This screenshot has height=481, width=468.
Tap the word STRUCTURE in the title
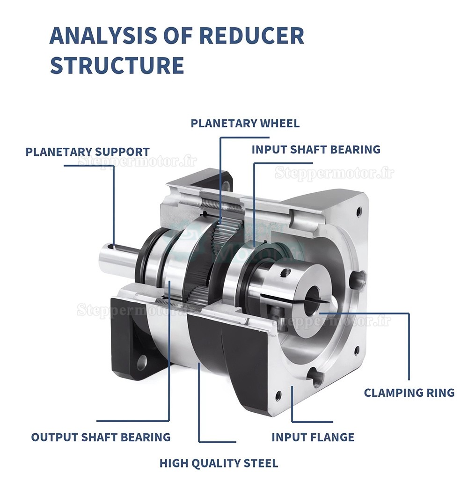pos(117,65)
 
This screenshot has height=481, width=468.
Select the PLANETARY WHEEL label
pos(245,124)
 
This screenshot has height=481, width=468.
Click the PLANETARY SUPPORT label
pos(88,152)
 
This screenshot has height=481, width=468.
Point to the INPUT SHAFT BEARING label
pos(316,150)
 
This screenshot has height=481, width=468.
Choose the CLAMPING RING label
pos(409,393)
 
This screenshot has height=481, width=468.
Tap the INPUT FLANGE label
pos(313,437)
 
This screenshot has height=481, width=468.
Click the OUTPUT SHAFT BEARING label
pos(101,437)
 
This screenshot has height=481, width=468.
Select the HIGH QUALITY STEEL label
pos(219,464)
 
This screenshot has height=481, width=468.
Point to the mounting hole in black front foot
pos(141,362)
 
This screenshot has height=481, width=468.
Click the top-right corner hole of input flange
pos(359,211)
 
